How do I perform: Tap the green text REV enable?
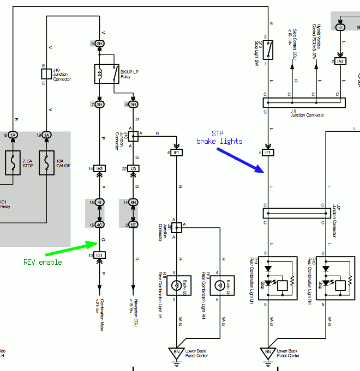tap(43, 262)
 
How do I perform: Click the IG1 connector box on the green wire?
tap(100, 255)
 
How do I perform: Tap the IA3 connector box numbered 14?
tap(100, 169)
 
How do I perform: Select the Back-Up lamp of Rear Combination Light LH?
tap(176, 285)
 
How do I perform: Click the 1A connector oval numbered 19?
tap(46, 135)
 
